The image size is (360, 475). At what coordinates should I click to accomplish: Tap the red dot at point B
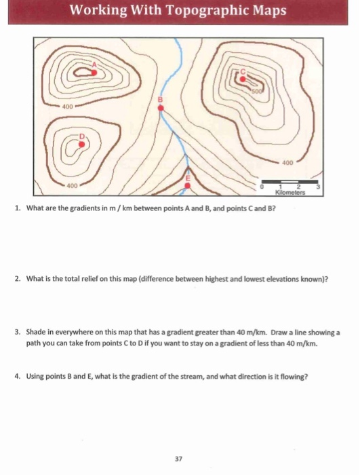click(161, 114)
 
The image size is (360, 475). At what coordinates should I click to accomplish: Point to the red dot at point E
click(189, 183)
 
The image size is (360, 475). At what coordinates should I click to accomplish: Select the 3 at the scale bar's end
click(318, 185)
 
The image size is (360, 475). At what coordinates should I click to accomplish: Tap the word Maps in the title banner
click(264, 12)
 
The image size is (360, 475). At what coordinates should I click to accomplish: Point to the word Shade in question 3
click(37, 333)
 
